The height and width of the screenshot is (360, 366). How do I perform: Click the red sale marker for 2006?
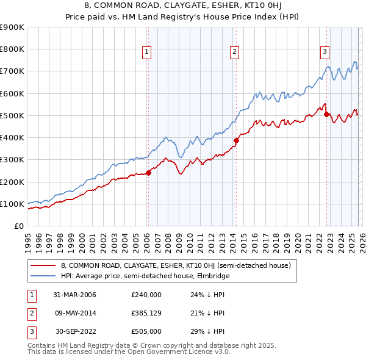(x=148, y=173)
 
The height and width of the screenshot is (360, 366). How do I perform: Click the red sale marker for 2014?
(x=235, y=140)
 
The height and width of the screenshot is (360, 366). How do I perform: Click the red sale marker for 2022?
(x=326, y=114)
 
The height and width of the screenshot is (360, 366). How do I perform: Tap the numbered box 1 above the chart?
(x=147, y=52)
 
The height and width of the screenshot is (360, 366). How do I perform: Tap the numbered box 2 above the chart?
(x=234, y=52)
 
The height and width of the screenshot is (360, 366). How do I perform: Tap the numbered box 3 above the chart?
(x=325, y=52)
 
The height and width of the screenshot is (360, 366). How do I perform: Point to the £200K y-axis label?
(x=12, y=182)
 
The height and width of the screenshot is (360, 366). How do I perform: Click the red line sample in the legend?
(x=43, y=265)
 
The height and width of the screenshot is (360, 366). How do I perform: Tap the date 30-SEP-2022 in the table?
(x=75, y=332)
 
